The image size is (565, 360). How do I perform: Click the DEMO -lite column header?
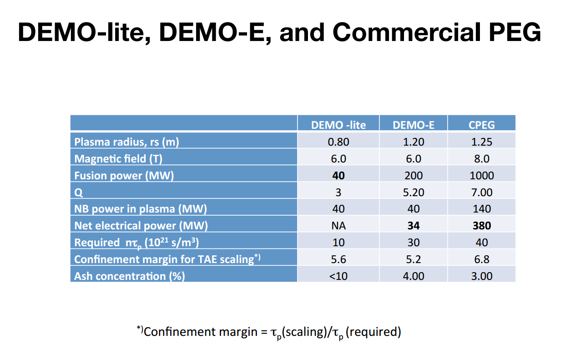click(338, 125)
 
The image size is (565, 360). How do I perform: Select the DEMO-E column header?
click(414, 125)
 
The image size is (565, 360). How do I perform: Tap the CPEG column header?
click(481, 125)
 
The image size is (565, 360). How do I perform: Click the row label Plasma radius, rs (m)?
click(126, 142)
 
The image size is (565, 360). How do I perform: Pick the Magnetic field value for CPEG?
click(481, 159)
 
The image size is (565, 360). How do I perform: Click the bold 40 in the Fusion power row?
click(338, 176)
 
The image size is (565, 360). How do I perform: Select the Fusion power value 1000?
click(481, 176)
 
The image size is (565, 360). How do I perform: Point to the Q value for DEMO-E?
click(414, 193)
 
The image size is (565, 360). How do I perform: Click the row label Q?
click(78, 193)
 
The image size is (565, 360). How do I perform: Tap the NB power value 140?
click(481, 209)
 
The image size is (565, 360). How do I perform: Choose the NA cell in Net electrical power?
click(338, 226)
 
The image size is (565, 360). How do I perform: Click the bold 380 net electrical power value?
click(481, 226)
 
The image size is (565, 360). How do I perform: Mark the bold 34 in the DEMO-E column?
click(414, 226)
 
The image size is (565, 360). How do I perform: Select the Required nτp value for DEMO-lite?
click(338, 243)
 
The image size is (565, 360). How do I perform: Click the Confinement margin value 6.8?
click(481, 259)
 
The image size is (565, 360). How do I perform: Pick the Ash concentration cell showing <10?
click(338, 276)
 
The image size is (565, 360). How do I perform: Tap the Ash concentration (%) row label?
click(129, 276)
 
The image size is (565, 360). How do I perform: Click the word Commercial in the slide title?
click(407, 32)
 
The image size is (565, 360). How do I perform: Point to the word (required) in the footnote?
click(373, 332)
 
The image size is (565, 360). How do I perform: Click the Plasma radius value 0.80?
click(338, 142)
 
